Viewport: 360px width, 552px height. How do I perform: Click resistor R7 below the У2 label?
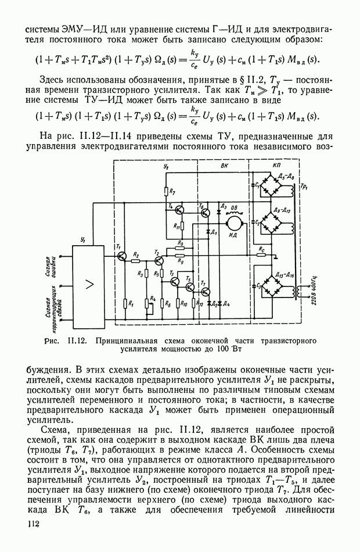click(x=165, y=191)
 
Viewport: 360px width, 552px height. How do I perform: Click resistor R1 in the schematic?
click(x=125, y=303)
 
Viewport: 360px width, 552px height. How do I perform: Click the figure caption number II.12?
click(x=77, y=341)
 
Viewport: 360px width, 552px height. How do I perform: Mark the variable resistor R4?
click(x=152, y=303)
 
